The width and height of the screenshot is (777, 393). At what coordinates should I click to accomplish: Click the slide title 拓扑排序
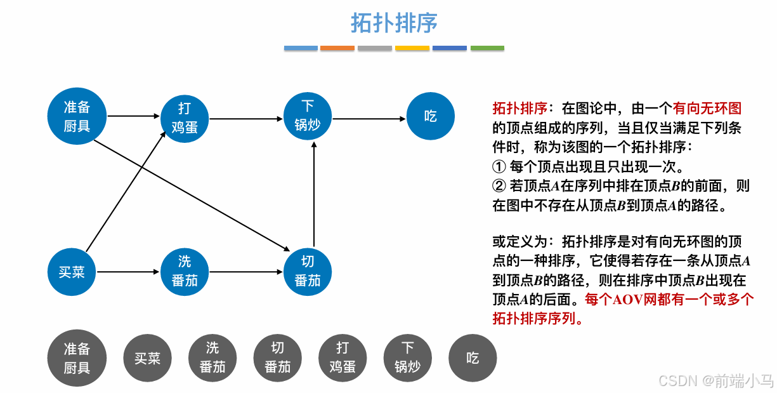click(394, 23)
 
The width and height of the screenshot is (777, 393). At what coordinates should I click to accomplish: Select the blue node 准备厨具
click(77, 116)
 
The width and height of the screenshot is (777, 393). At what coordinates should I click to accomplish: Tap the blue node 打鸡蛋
click(184, 117)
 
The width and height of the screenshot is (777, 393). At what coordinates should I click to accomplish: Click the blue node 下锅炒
click(308, 116)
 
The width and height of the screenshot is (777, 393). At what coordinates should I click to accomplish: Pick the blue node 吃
click(431, 116)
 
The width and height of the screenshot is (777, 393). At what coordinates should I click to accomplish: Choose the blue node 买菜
click(72, 272)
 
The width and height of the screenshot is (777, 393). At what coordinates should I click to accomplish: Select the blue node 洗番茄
click(184, 272)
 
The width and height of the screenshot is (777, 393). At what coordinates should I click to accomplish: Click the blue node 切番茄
click(308, 272)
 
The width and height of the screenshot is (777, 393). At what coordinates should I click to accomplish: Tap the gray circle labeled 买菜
click(147, 359)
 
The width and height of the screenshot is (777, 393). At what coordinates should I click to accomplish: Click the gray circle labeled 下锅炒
click(407, 357)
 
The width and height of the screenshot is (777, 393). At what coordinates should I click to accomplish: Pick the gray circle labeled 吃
click(473, 358)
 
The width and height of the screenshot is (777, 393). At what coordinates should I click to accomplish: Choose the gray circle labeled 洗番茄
click(212, 357)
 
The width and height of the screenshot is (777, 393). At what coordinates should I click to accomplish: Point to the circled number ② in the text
click(499, 186)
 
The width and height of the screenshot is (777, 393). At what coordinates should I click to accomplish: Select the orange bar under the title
click(337, 48)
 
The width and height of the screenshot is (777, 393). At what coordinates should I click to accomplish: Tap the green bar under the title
click(487, 48)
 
